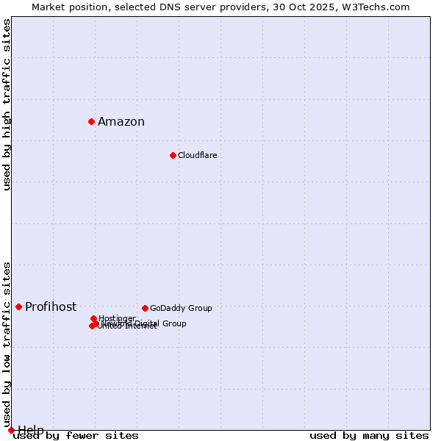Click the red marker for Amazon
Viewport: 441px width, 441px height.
(91, 121)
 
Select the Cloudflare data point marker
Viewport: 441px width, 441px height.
(173, 155)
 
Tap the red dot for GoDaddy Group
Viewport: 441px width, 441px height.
(145, 308)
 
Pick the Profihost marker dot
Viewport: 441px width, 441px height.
(18, 306)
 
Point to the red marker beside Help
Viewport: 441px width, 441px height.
(11, 430)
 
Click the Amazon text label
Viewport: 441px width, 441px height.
(121, 122)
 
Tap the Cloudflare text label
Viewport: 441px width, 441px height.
(197, 155)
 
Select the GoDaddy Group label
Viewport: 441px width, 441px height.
(181, 308)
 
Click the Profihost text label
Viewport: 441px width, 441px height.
(51, 307)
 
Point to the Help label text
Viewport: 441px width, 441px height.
(31, 430)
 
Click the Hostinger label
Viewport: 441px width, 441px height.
(117, 318)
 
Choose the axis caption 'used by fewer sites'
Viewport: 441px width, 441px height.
(76, 435)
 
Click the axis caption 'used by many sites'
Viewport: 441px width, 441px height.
(369, 435)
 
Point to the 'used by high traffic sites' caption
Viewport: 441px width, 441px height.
(7, 104)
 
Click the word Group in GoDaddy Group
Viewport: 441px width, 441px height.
(200, 308)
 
